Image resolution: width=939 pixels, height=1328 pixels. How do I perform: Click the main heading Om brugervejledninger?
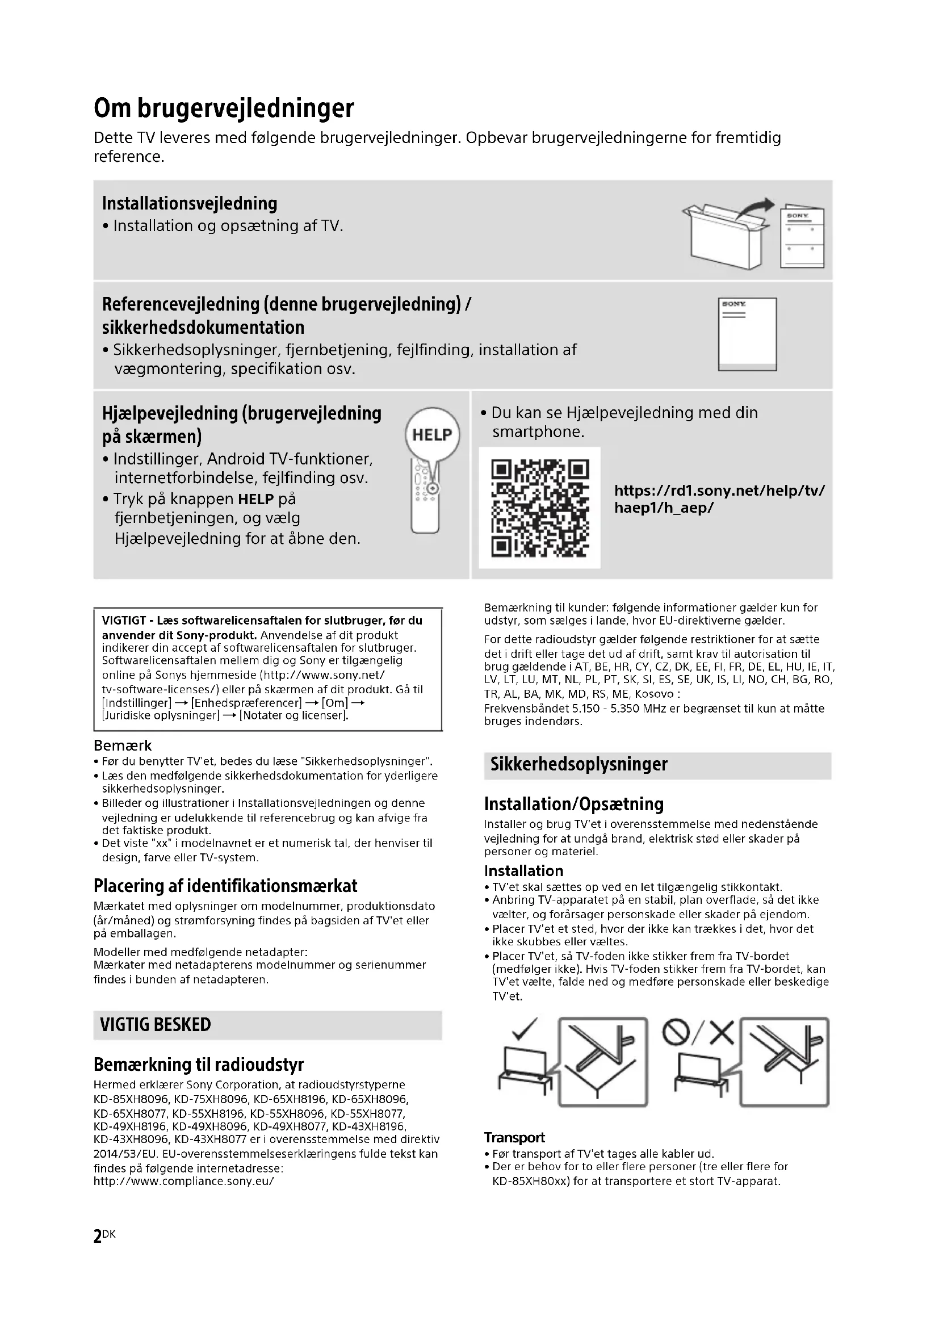point(224,108)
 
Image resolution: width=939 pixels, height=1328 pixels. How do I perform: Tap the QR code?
point(539,507)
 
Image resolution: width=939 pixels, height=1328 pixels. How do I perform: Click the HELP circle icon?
point(432,434)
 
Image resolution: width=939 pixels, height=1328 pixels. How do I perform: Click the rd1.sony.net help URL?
point(719,499)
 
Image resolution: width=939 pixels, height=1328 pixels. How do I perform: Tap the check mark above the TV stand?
point(525,1028)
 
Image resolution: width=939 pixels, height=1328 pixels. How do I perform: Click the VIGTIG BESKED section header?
point(156,1025)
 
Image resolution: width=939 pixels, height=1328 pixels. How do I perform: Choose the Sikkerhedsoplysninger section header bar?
point(657,765)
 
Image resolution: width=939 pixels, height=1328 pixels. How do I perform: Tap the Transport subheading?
point(514,1138)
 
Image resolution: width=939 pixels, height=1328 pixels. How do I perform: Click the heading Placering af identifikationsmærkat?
point(225,886)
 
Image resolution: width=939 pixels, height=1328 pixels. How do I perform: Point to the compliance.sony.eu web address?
point(184,1181)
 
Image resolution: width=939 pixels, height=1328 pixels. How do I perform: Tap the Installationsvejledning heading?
point(190,204)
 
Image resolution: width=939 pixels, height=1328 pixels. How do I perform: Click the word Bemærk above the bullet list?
point(123,745)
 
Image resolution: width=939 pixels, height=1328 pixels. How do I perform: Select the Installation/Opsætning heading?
point(573,804)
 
